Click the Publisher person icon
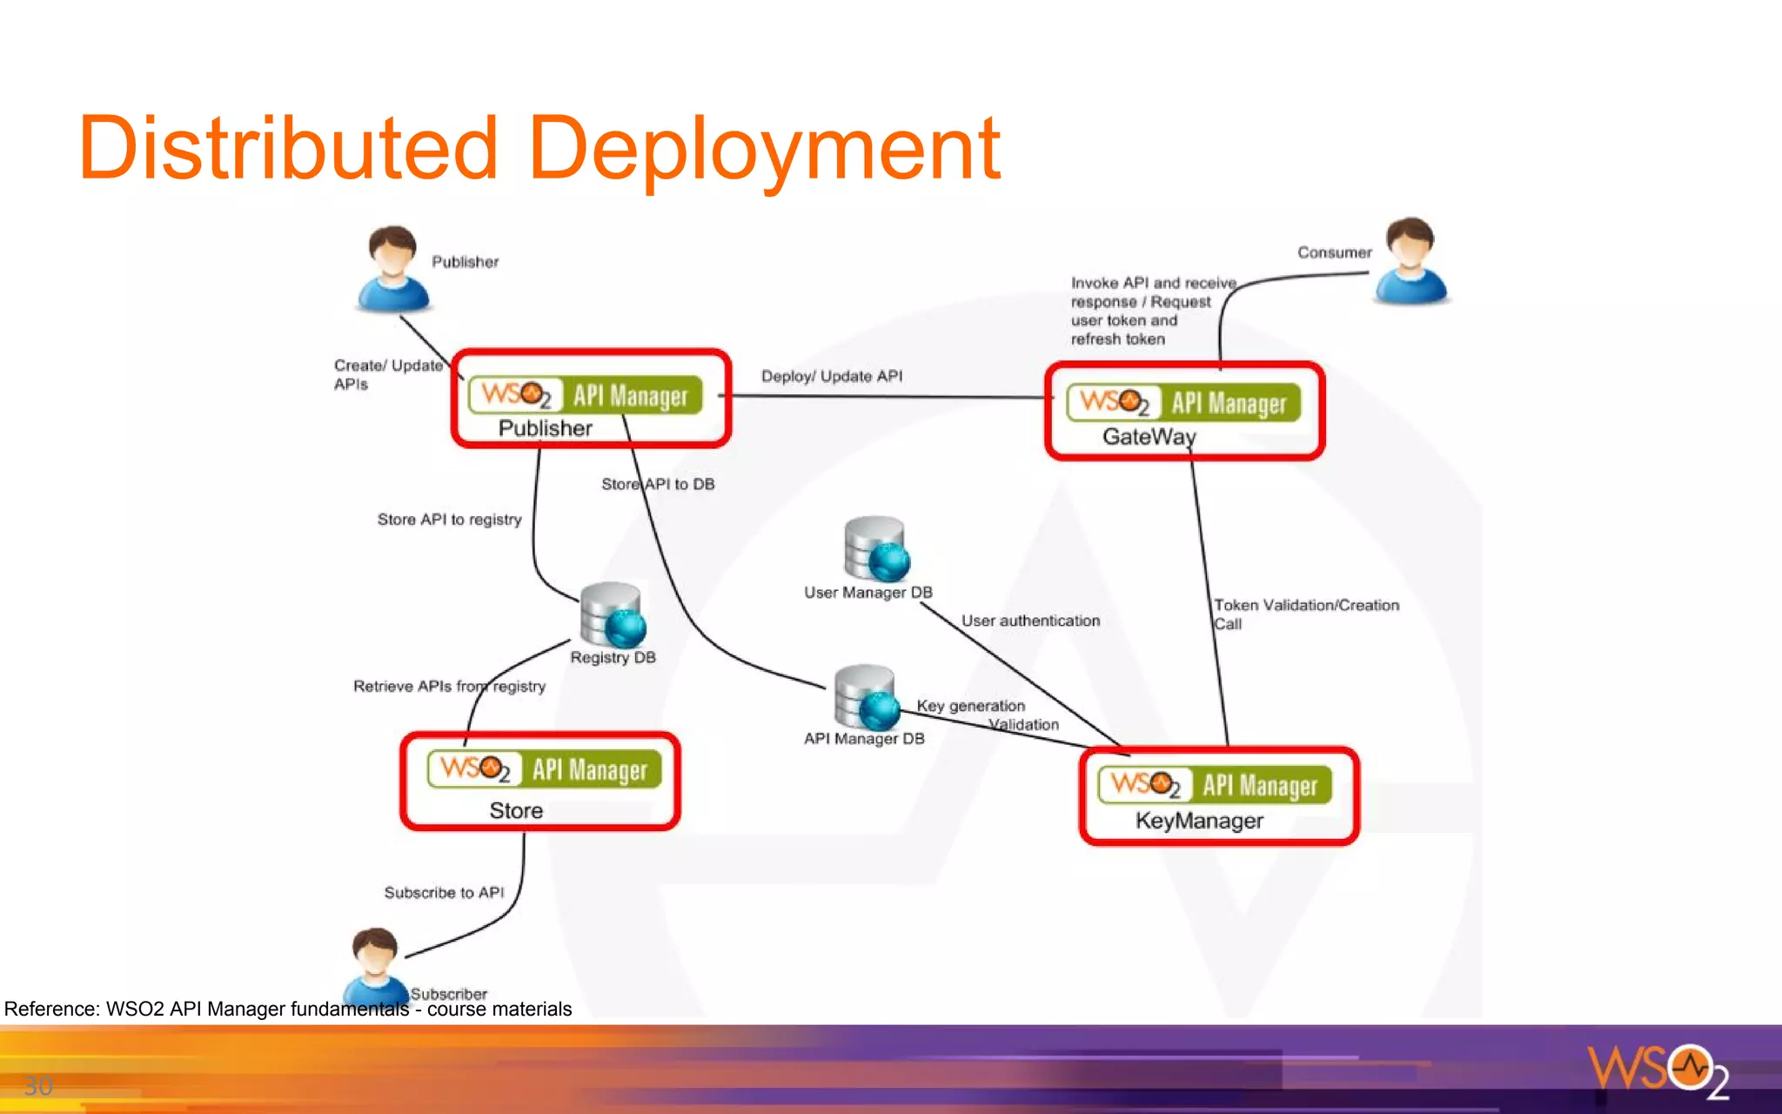[392, 269]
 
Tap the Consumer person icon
[1410, 261]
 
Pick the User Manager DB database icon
[875, 549]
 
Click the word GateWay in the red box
[1149, 437]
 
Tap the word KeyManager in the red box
[1199, 821]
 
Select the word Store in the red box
[516, 811]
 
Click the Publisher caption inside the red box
[545, 428]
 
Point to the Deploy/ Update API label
[831, 376]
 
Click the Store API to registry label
[449, 520]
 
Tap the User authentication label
[1030, 621]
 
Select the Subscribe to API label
[444, 893]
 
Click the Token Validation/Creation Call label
[1305, 614]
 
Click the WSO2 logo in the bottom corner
[1657, 1070]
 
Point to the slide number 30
[37, 1085]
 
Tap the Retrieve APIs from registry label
[449, 687]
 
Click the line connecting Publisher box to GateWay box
[888, 397]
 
